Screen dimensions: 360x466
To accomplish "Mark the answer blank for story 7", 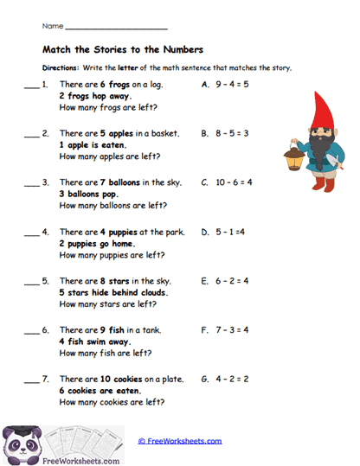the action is (x=31, y=382).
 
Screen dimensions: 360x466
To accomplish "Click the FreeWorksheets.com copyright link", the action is (x=179, y=441).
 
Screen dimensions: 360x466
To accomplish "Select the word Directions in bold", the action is (x=61, y=67).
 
